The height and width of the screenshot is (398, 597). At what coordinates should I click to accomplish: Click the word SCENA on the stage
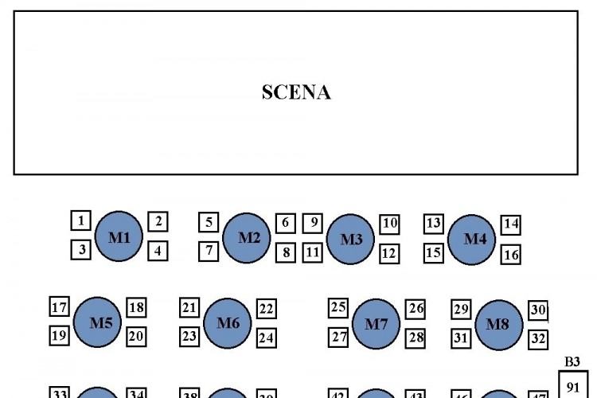[x=296, y=92]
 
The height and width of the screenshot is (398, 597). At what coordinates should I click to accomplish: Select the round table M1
[x=119, y=236]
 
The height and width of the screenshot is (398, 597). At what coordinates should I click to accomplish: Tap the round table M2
[x=248, y=237]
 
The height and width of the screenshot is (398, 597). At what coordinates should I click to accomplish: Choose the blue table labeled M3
[x=350, y=239]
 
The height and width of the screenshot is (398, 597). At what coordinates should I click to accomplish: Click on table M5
[x=98, y=323]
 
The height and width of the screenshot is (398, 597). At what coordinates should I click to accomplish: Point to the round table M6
[x=228, y=322]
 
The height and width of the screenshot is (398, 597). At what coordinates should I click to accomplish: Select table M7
[x=376, y=324]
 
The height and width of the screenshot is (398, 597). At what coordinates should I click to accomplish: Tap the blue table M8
[x=498, y=325]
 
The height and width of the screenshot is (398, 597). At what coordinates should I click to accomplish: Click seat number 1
[x=81, y=220]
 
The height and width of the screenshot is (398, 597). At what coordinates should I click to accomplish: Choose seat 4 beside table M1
[x=158, y=251]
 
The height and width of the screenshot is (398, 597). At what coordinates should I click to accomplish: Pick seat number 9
[x=313, y=223]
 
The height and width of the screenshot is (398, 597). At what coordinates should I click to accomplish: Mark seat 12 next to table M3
[x=388, y=254]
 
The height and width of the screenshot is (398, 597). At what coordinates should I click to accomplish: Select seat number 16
[x=511, y=255]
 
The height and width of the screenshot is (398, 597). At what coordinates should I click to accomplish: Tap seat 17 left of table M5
[x=60, y=308]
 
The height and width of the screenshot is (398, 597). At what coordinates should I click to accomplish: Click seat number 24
[x=267, y=338]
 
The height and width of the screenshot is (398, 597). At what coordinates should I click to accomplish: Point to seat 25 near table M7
[x=338, y=307]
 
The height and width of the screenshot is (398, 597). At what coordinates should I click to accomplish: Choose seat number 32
[x=538, y=339]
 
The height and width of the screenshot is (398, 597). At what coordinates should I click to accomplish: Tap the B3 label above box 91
[x=572, y=362]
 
